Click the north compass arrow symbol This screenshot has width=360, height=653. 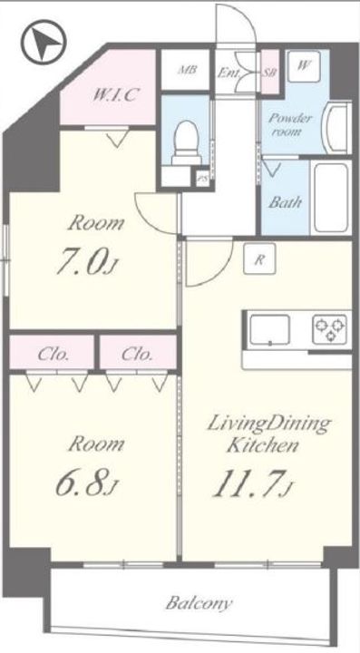[44, 42]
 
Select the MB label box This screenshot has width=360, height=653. [186, 70]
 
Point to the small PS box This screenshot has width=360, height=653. [203, 179]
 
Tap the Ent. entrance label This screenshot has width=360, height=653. [229, 73]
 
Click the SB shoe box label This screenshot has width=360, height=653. [269, 72]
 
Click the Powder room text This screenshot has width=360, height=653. [289, 124]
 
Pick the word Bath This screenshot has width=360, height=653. [285, 203]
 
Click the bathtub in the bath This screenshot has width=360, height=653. [331, 198]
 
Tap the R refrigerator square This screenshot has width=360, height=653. [259, 258]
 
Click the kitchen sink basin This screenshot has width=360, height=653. [270, 330]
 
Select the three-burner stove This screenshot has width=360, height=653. [330, 329]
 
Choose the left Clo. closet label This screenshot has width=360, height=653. [53, 356]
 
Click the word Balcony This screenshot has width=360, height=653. [199, 603]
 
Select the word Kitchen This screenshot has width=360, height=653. [263, 445]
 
